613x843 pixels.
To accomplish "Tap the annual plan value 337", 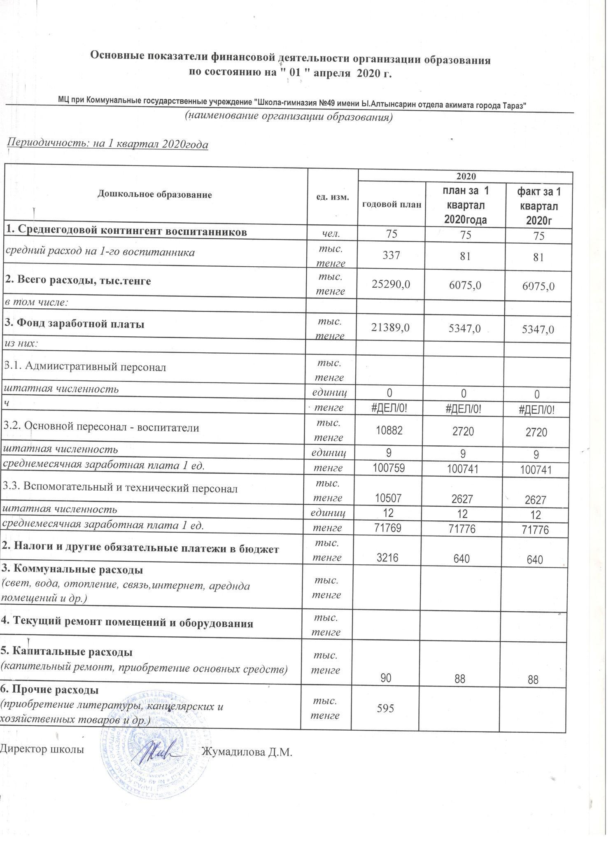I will tap(391, 256).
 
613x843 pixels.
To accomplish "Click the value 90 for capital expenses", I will tap(385, 679).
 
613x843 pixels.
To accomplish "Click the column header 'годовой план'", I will tap(391, 204).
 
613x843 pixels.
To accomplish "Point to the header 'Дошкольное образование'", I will tap(155, 195).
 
